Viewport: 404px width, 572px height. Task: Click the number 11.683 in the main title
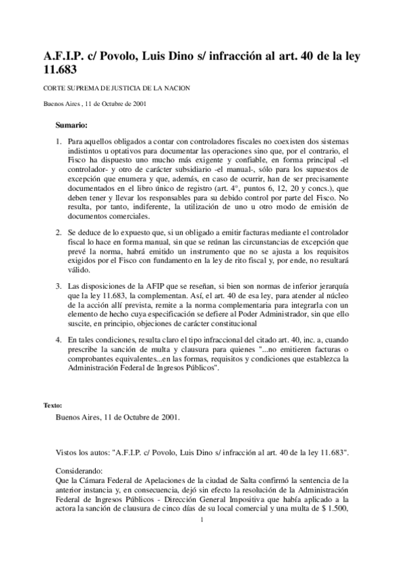coord(59,69)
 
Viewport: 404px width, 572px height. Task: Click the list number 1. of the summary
coord(58,144)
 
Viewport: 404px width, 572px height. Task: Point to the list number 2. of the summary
coord(58,231)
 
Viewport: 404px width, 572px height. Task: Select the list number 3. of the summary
coord(58,286)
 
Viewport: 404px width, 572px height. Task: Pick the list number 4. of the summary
coord(58,341)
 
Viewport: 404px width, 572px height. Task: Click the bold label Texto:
coord(53,405)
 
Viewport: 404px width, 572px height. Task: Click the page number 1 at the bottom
coord(202,519)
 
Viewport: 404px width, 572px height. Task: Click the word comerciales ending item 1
coord(127,216)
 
